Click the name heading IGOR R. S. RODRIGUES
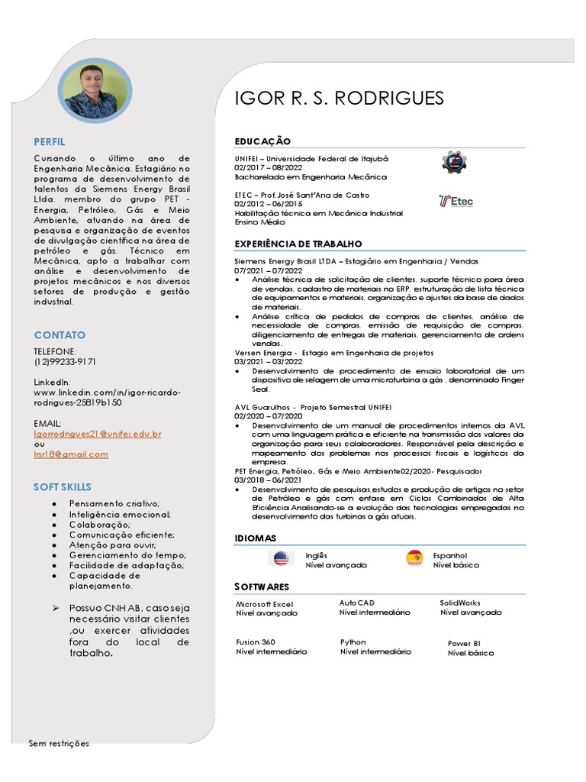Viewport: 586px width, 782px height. tap(339, 99)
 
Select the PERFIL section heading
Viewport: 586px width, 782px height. tap(50, 142)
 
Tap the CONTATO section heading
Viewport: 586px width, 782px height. tap(60, 335)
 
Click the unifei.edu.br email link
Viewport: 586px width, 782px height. tap(98, 434)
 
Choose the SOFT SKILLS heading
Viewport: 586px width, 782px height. tap(63, 486)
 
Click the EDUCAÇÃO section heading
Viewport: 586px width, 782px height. tap(262, 141)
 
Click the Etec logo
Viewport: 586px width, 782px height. tap(456, 201)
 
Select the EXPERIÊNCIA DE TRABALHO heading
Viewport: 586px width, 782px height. tap(298, 244)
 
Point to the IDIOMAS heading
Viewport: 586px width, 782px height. tap(255, 538)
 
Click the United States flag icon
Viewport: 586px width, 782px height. tap(282, 559)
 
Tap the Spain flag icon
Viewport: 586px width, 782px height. tap(415, 559)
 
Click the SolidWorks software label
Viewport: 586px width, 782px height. tap(460, 603)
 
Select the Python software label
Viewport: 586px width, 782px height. tap(353, 642)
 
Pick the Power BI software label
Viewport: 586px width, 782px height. tap(464, 644)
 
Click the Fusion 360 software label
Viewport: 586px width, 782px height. tap(256, 642)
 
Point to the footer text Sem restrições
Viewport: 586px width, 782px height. tap(59, 743)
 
